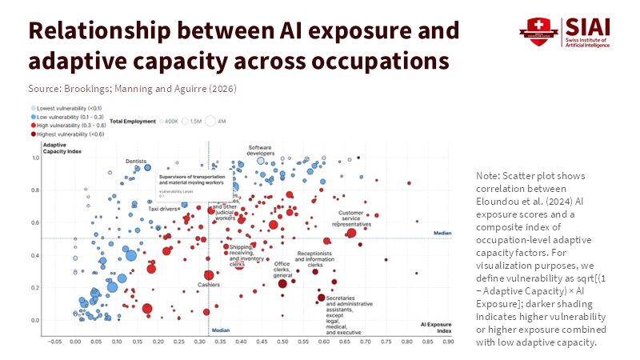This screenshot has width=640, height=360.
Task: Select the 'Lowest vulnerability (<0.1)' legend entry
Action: pos(69,107)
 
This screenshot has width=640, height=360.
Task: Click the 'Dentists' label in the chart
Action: pos(136,162)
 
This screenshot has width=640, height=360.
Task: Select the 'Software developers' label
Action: pos(261,150)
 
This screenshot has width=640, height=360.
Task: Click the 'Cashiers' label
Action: pos(209,285)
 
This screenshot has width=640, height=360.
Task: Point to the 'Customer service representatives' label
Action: pos(351,219)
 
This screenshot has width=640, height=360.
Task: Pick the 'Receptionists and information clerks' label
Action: pos(315,256)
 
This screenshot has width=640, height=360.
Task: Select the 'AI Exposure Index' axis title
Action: pos(436,327)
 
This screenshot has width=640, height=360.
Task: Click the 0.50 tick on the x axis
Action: pos(282,341)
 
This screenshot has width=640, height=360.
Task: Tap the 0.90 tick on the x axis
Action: pos(449,341)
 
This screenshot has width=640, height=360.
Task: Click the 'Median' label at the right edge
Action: pos(442,233)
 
